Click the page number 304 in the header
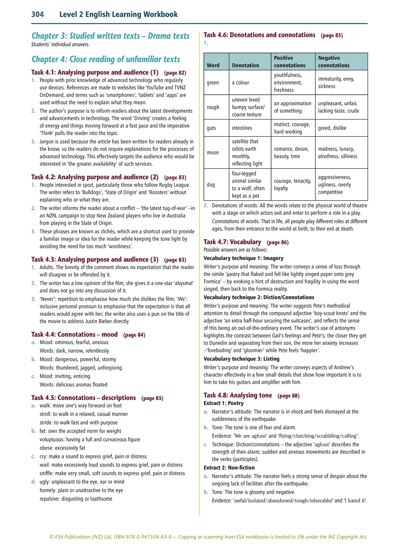coord(38,14)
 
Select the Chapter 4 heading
coord(105,59)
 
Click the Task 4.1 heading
coord(95,72)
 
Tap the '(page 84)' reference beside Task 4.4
coord(134,335)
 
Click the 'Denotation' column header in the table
coord(245,65)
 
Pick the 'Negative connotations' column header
coord(334,62)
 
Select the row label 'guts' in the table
coord(212,128)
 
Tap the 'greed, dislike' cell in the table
coord(332,128)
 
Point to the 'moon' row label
coord(213,152)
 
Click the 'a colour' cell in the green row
coord(241,83)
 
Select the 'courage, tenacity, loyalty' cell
coord(292,185)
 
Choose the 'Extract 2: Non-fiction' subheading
coord(229,467)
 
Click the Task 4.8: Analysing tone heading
coord(238,395)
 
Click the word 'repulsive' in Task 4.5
coord(49,499)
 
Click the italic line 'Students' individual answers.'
coord(60,44)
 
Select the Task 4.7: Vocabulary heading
coord(232,242)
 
